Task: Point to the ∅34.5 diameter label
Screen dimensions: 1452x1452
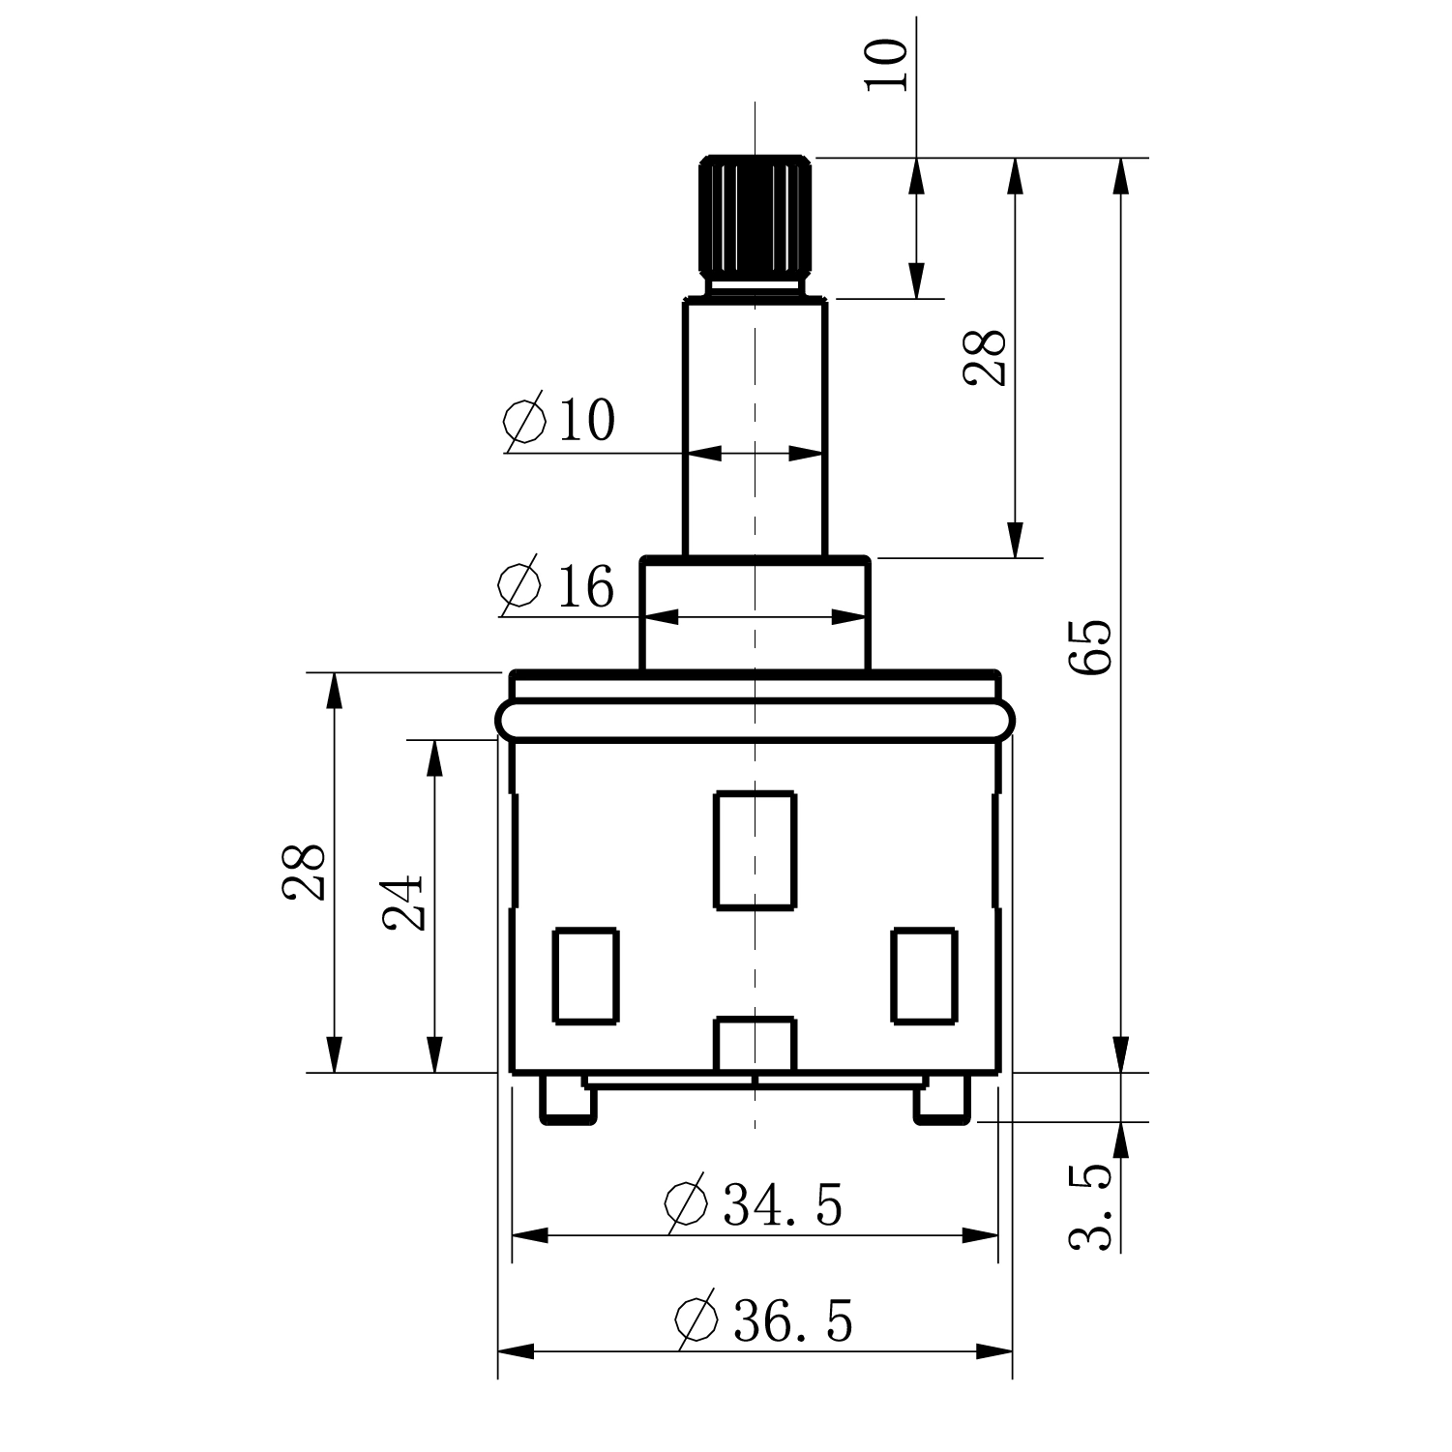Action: point(753,1204)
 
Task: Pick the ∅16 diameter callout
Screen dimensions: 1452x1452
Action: point(555,585)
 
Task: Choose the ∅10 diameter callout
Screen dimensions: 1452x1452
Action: point(559,420)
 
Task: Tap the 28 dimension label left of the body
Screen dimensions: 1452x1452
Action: point(304,873)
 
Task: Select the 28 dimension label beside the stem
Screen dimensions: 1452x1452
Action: point(986,358)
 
